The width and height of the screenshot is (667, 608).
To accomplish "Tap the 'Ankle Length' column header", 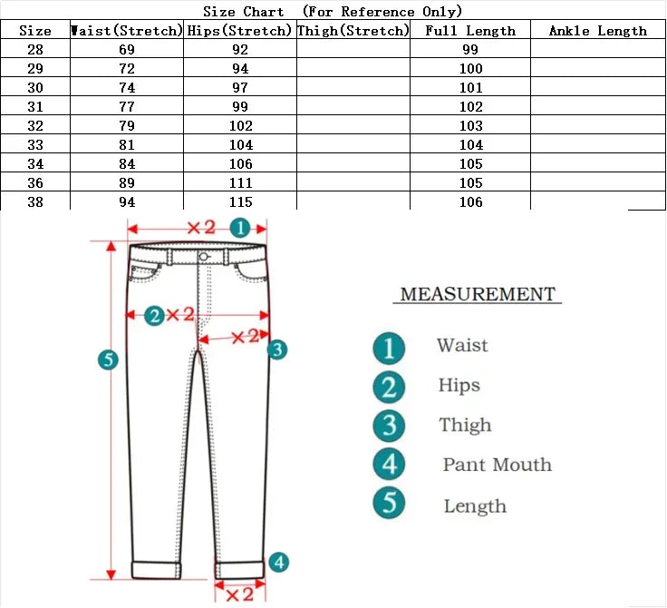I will (597, 31).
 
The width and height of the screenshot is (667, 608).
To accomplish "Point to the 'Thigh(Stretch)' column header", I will (353, 31).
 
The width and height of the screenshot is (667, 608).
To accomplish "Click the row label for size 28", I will (34, 51).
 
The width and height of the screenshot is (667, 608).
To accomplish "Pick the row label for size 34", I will (34, 164).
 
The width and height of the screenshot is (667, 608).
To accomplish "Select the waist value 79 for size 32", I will (127, 126).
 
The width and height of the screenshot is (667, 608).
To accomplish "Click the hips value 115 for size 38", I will (240, 202).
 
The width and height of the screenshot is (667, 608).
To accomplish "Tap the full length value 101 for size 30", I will (469, 89).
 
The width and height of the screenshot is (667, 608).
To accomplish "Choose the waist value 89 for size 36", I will (127, 183).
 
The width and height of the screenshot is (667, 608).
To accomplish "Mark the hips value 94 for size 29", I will (240, 70).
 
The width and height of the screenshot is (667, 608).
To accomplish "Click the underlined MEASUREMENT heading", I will (478, 295).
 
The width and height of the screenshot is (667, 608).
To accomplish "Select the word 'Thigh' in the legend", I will (465, 426).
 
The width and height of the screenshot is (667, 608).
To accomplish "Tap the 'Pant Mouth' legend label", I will (497, 466).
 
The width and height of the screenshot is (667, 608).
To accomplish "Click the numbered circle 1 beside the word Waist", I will (389, 347).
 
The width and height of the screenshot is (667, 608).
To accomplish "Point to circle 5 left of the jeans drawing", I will (108, 360).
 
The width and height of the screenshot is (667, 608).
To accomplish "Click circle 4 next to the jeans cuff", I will (279, 563).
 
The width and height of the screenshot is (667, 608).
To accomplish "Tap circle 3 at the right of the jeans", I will (277, 349).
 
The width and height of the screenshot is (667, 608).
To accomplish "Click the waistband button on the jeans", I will (204, 257).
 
